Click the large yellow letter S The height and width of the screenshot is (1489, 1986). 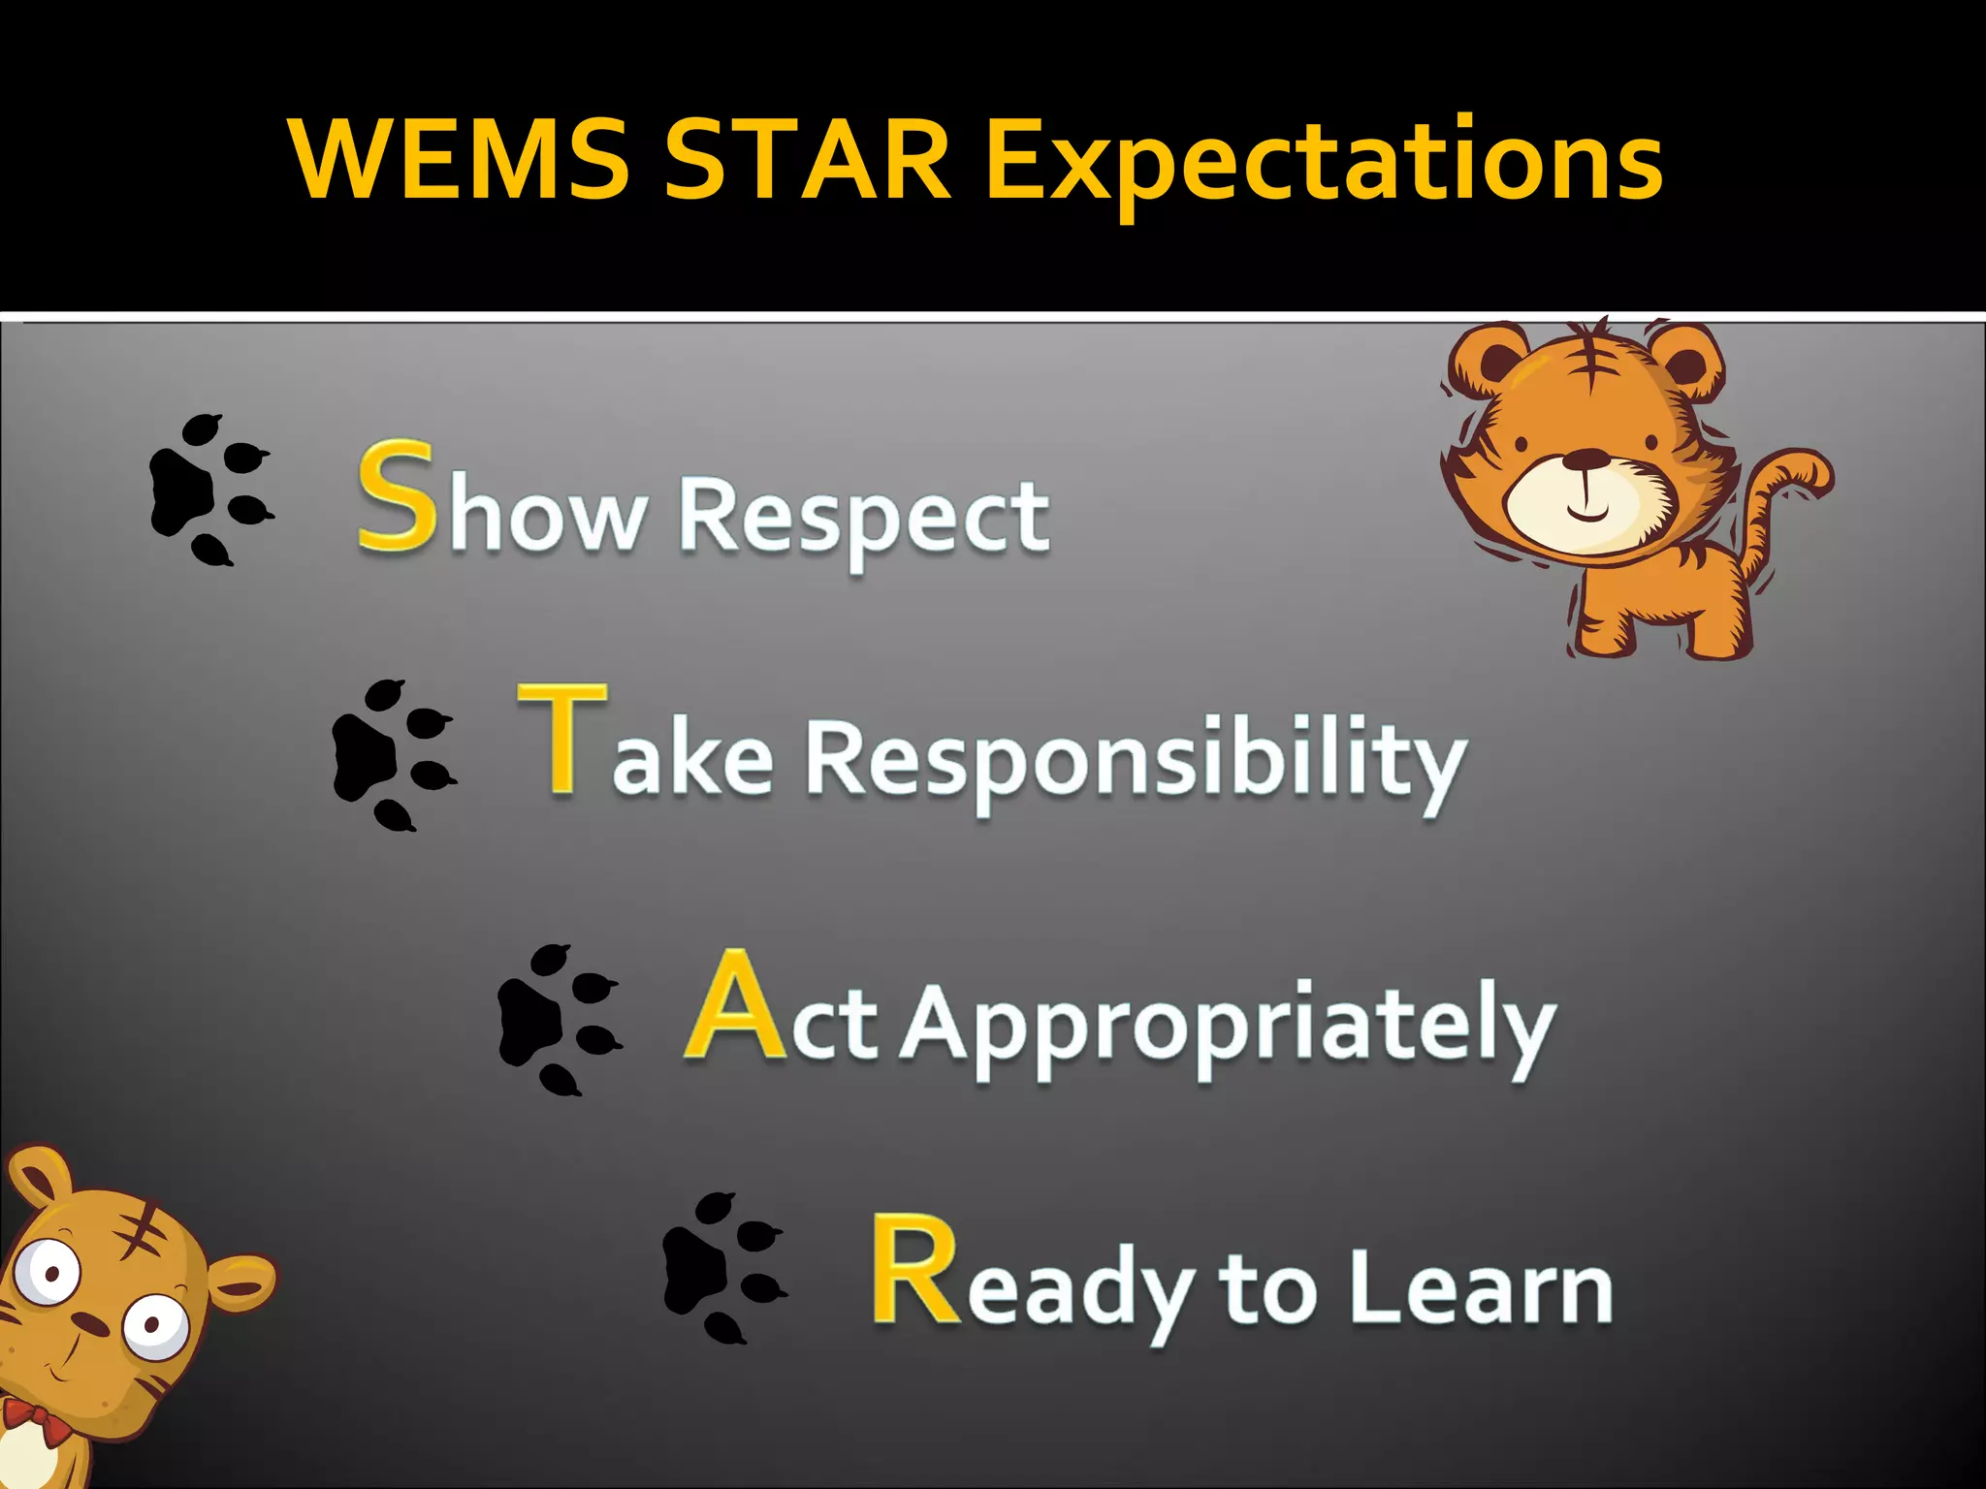coord(396,496)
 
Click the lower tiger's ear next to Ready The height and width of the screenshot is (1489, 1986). coord(240,1284)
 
